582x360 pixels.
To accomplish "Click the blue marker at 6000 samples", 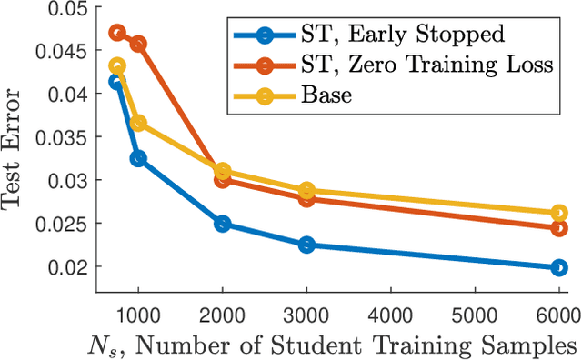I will coord(557,267).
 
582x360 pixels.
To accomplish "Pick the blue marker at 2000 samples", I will coord(222,224).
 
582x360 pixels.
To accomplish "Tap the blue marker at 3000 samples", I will coord(306,245).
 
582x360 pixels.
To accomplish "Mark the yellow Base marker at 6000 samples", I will coord(557,214).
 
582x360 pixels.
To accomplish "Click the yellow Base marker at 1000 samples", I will coord(138,123).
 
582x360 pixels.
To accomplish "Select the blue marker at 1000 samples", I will coord(138,158).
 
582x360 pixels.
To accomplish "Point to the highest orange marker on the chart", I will coord(117,33).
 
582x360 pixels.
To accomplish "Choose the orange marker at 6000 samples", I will coord(557,227).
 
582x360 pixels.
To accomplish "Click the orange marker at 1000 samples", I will coord(138,44).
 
